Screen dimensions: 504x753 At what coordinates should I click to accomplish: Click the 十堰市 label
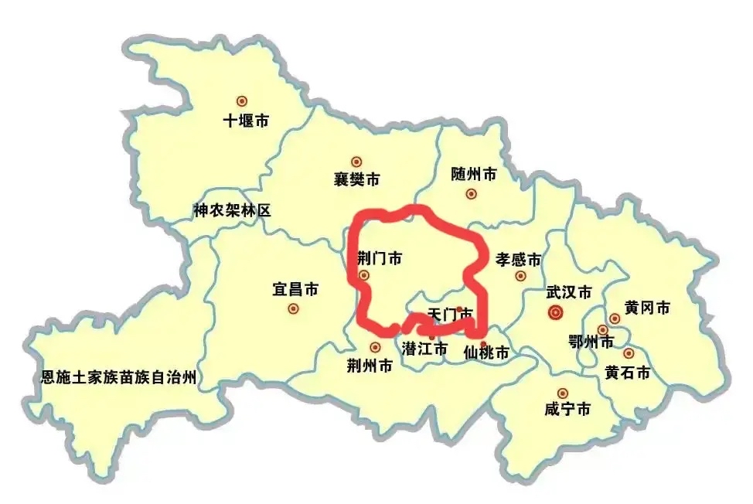(246, 121)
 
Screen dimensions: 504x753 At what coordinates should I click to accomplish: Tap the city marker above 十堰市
(242, 100)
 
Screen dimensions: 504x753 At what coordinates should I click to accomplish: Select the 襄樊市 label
(356, 180)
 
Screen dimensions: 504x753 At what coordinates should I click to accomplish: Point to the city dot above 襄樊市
(356, 162)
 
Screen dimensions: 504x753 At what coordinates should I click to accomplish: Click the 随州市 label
(473, 175)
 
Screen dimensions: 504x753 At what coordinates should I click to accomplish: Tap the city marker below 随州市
(471, 194)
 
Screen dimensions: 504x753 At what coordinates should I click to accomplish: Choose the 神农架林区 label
(232, 209)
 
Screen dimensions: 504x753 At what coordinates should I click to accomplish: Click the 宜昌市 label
(295, 289)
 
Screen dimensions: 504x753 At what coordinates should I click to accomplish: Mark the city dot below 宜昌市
(293, 308)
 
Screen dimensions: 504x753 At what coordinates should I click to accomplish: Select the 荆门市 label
(380, 258)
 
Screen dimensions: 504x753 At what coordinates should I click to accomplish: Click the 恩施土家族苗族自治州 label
(119, 378)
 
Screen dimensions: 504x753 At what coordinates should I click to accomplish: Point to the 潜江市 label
(424, 349)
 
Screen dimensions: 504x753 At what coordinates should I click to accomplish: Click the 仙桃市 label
(486, 354)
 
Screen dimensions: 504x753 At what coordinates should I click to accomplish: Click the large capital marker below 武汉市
(554, 312)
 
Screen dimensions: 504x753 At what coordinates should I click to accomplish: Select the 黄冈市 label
(647, 308)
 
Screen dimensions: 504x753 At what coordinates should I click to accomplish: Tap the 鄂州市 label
(590, 342)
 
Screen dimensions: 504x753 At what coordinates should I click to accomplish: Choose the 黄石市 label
(627, 373)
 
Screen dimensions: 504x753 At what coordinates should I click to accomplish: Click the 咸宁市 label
(567, 410)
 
